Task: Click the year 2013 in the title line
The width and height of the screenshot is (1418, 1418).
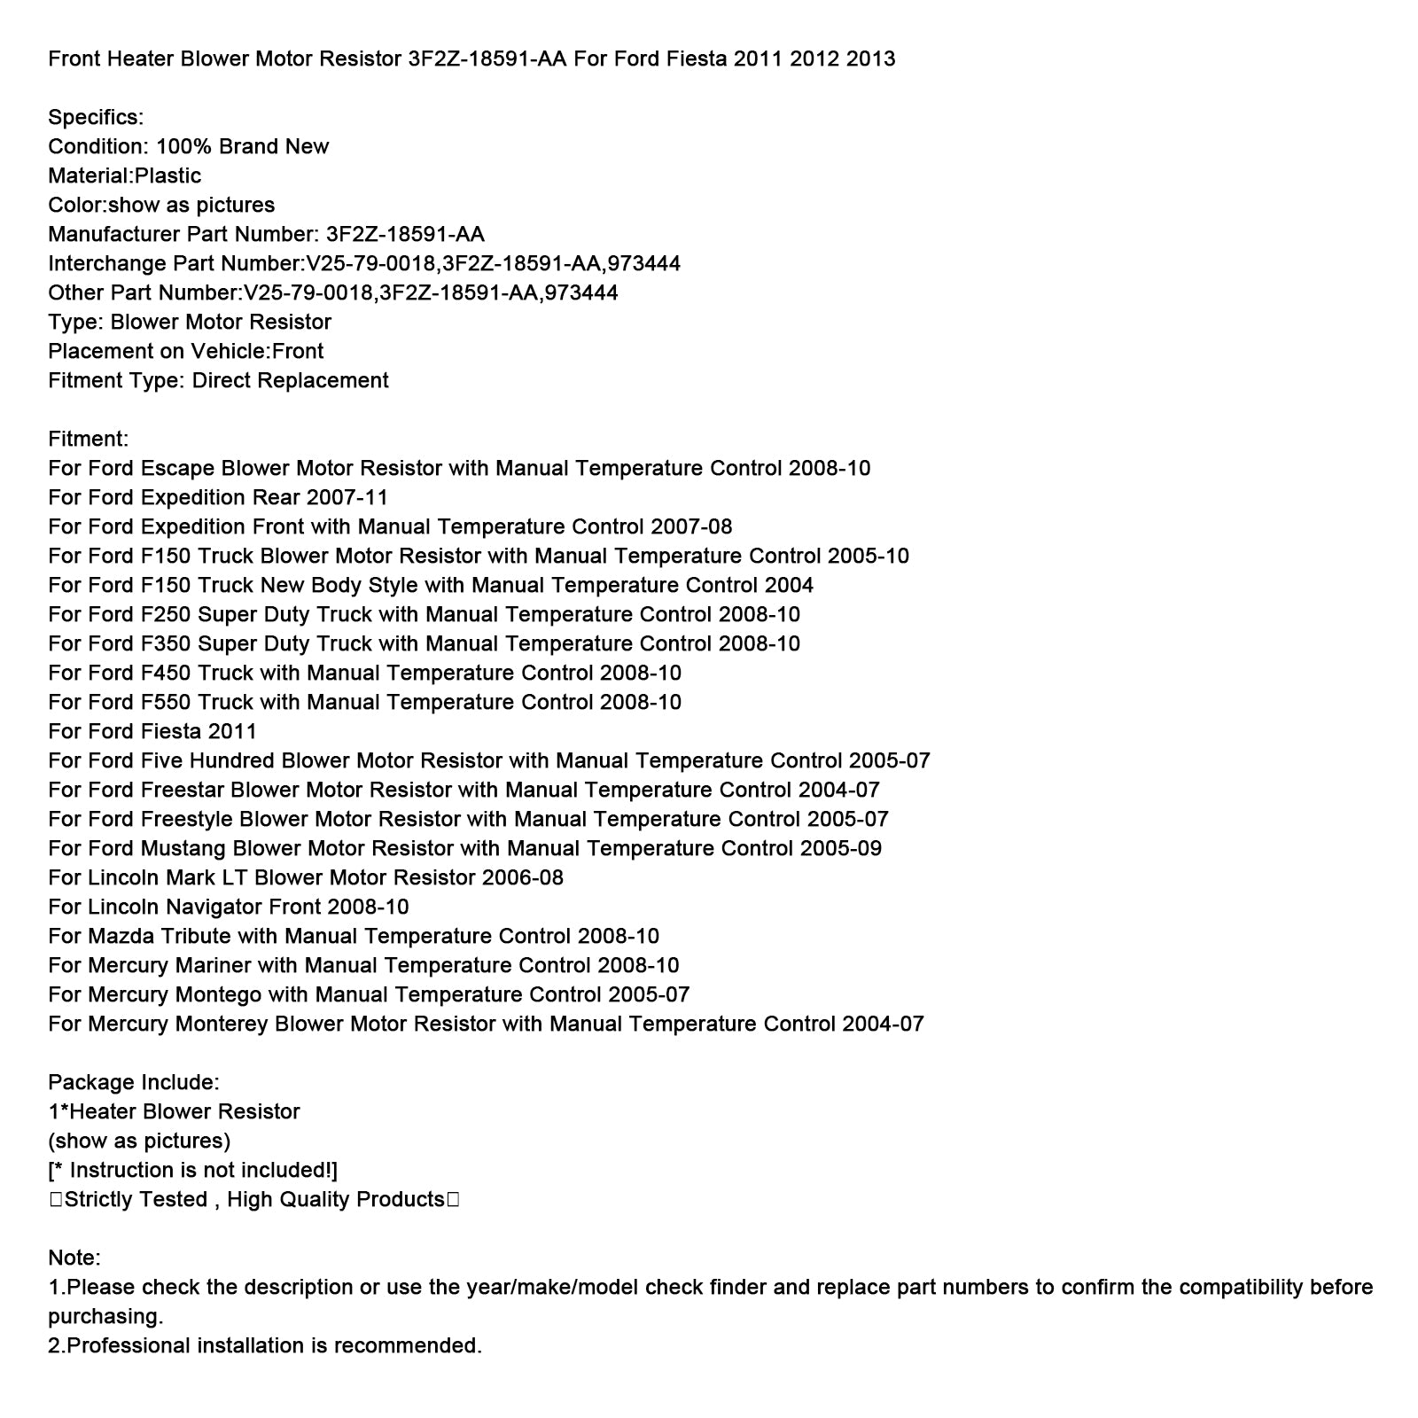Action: (x=870, y=59)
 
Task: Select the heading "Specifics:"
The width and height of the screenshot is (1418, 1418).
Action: (x=96, y=118)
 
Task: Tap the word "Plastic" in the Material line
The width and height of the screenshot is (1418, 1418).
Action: (x=168, y=176)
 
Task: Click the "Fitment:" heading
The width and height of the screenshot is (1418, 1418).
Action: (x=88, y=440)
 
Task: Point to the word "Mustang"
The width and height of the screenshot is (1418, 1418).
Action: (x=183, y=849)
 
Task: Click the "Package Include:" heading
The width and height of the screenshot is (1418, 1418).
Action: (x=134, y=1083)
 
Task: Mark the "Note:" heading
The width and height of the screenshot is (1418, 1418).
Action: (x=74, y=1258)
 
